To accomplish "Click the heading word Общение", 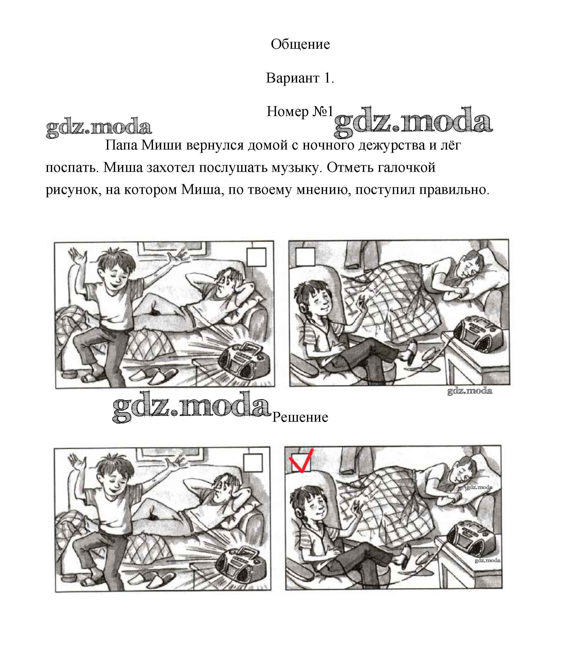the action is click(300, 45).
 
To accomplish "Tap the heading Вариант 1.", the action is click(300, 78).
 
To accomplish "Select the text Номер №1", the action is click(300, 111).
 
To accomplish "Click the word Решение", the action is click(300, 417).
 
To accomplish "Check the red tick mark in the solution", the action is click(301, 460).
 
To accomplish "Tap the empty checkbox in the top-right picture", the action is click(305, 257).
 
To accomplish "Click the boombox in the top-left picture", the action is click(244, 361).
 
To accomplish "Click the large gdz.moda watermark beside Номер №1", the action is click(413, 122).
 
